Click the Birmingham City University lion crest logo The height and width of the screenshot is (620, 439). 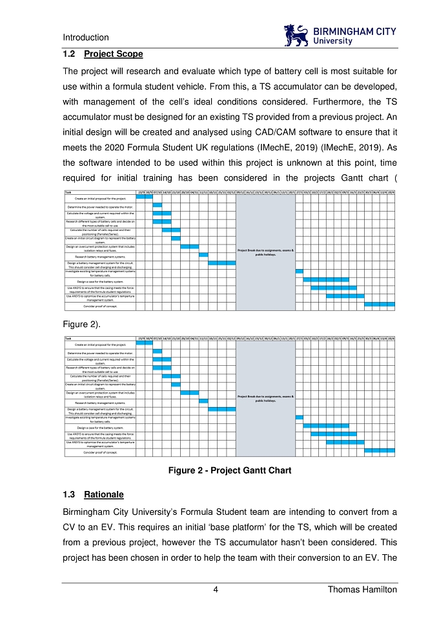(x=296, y=35)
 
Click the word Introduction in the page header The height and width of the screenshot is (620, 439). (x=86, y=37)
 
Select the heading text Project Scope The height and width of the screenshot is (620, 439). (x=113, y=54)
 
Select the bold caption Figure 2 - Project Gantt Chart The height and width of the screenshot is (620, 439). (x=229, y=470)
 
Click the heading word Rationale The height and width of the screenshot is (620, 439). (x=104, y=495)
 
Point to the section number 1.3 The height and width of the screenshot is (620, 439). (x=69, y=495)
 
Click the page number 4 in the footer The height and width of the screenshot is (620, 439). (x=216, y=590)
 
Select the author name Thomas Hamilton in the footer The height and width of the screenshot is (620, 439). (x=362, y=590)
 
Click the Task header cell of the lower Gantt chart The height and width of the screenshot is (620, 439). (x=68, y=338)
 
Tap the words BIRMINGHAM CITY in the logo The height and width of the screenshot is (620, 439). (x=354, y=31)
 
